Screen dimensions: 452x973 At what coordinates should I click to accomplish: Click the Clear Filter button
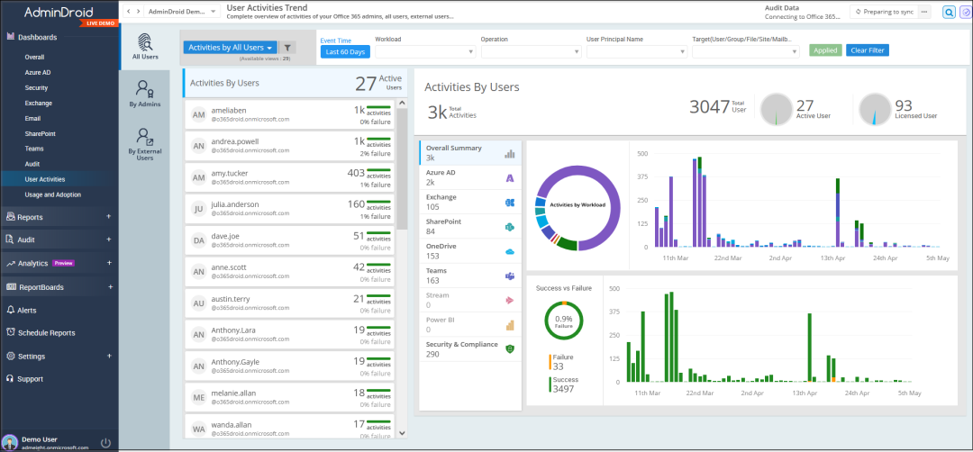pyautogui.click(x=868, y=50)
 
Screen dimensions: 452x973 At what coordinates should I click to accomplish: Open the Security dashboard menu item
pyautogui.click(x=37, y=88)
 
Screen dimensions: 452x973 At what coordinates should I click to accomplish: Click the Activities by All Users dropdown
pyautogui.click(x=230, y=48)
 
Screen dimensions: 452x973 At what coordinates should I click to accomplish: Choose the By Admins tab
pyautogui.click(x=144, y=94)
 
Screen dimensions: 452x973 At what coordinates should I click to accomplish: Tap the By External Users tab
pyautogui.click(x=144, y=144)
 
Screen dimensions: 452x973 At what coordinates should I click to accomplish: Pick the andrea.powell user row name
pyautogui.click(x=236, y=141)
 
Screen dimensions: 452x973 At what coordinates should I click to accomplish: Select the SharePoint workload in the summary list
pyautogui.click(x=443, y=221)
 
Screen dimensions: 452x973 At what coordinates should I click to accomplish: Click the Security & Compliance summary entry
pyautogui.click(x=461, y=344)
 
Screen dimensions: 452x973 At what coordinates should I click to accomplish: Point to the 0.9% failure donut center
pyautogui.click(x=564, y=321)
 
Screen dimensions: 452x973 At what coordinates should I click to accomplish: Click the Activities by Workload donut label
pyautogui.click(x=577, y=205)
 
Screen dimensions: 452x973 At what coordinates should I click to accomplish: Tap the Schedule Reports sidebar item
pyautogui.click(x=46, y=333)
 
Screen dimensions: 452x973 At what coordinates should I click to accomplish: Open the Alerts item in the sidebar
pyautogui.click(x=27, y=310)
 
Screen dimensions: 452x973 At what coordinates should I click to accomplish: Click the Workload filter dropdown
pyautogui.click(x=424, y=51)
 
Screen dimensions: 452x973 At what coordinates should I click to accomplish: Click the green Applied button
pyautogui.click(x=825, y=50)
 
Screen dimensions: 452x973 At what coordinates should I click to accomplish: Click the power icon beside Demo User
pyautogui.click(x=105, y=443)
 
